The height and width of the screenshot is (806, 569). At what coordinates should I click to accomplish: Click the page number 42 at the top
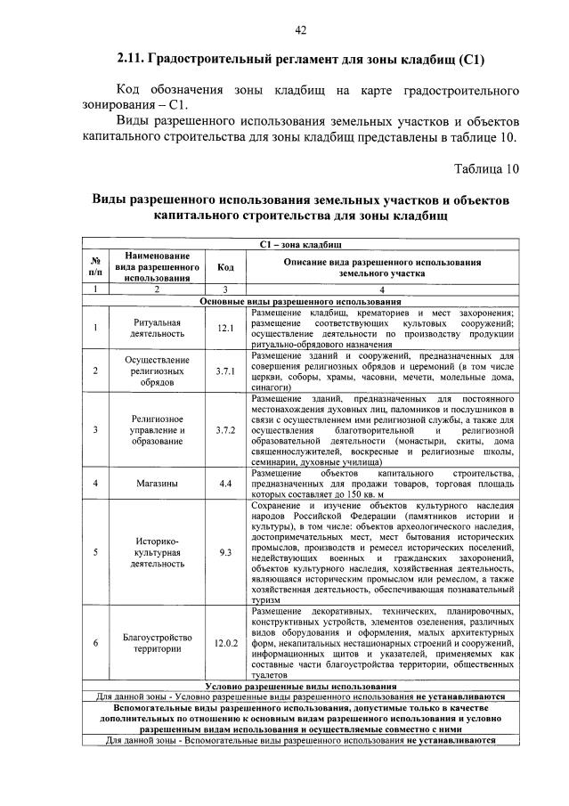point(300,30)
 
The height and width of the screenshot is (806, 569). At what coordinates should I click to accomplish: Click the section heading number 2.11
point(131,61)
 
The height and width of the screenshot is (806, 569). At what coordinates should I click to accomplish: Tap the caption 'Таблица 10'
point(484,168)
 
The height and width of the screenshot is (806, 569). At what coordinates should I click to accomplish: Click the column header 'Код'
point(225,267)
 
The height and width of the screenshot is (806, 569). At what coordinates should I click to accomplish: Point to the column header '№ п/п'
point(94,267)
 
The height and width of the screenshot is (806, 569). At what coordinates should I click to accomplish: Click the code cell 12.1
point(225,329)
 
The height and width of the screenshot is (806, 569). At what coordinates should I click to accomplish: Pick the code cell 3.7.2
point(225,429)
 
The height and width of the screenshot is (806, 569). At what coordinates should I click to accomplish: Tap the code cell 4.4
point(225,484)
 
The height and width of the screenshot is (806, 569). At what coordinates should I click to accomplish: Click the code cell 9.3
point(225,552)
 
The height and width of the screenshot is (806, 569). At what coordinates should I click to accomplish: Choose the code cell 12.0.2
point(225,642)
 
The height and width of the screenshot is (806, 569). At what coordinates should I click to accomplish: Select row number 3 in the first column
point(94,429)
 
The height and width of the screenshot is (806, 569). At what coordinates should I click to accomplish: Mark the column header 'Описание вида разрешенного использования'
point(382,267)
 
